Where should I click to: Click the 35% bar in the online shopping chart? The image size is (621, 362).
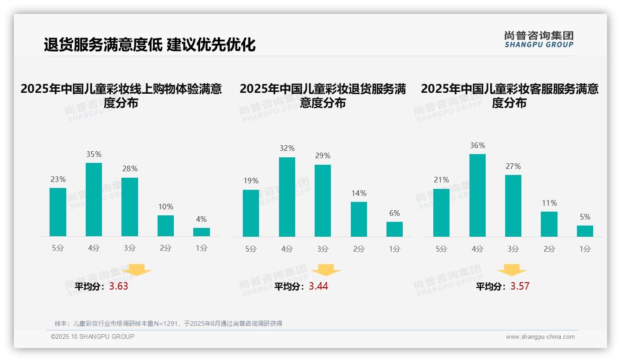pos(94,200)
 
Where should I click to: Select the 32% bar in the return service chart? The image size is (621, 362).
pos(287,197)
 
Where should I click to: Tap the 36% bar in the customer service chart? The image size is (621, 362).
pos(477,195)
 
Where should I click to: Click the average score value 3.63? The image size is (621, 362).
pos(119,286)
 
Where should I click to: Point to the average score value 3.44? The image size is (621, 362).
pos(318,286)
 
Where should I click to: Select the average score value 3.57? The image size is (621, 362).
pos(520,286)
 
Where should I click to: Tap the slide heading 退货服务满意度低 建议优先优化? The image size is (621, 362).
pos(150,45)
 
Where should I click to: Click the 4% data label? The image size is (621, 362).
pos(201,219)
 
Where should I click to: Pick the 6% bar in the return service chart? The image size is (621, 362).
pos(394,229)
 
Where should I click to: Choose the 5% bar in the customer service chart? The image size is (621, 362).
pos(585,231)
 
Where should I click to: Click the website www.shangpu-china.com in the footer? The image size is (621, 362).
pos(540,337)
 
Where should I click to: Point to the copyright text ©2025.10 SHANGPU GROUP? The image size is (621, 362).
pos(93,336)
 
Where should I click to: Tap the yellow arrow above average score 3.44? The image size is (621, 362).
pos(326,271)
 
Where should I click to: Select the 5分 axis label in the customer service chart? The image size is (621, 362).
pos(441,249)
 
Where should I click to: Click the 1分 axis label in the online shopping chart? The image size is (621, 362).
pos(202,248)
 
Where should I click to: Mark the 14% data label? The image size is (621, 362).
pos(359,193)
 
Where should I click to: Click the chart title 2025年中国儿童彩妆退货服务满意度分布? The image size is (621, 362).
pos(323,96)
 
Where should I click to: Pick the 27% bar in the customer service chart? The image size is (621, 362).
pos(513,206)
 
